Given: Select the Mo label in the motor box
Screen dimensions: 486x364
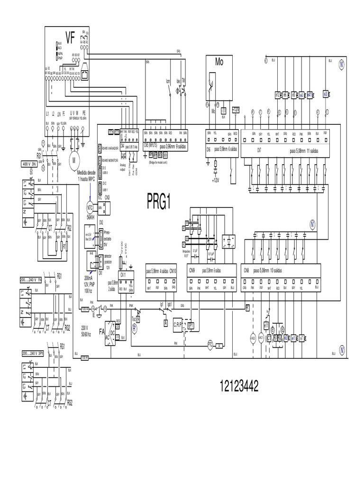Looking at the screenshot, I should (219, 62).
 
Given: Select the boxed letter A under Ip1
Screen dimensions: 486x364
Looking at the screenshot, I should (165, 322).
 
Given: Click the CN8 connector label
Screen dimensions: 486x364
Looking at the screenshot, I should (246, 270).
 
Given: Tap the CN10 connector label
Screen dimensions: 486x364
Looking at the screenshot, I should (173, 270).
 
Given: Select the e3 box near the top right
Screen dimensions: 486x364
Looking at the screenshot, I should (326, 94).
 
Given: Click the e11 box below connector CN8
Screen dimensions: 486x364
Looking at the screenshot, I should (266, 326).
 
